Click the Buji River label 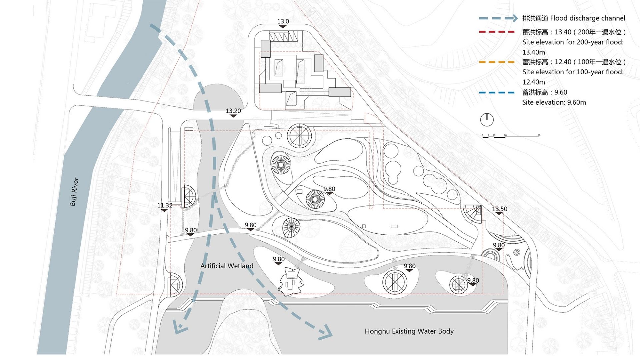(74, 192)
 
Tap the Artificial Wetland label (227, 266)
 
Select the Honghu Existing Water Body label (409, 331)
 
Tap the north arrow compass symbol (487, 119)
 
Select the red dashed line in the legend (497, 32)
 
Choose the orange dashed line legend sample (497, 62)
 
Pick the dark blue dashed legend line (497, 92)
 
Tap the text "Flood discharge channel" (588, 18)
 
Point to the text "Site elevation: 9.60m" (554, 102)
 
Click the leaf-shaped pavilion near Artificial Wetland (291, 281)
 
